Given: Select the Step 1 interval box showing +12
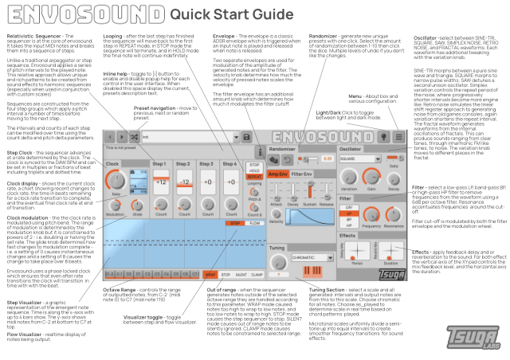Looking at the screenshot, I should click(159, 182).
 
